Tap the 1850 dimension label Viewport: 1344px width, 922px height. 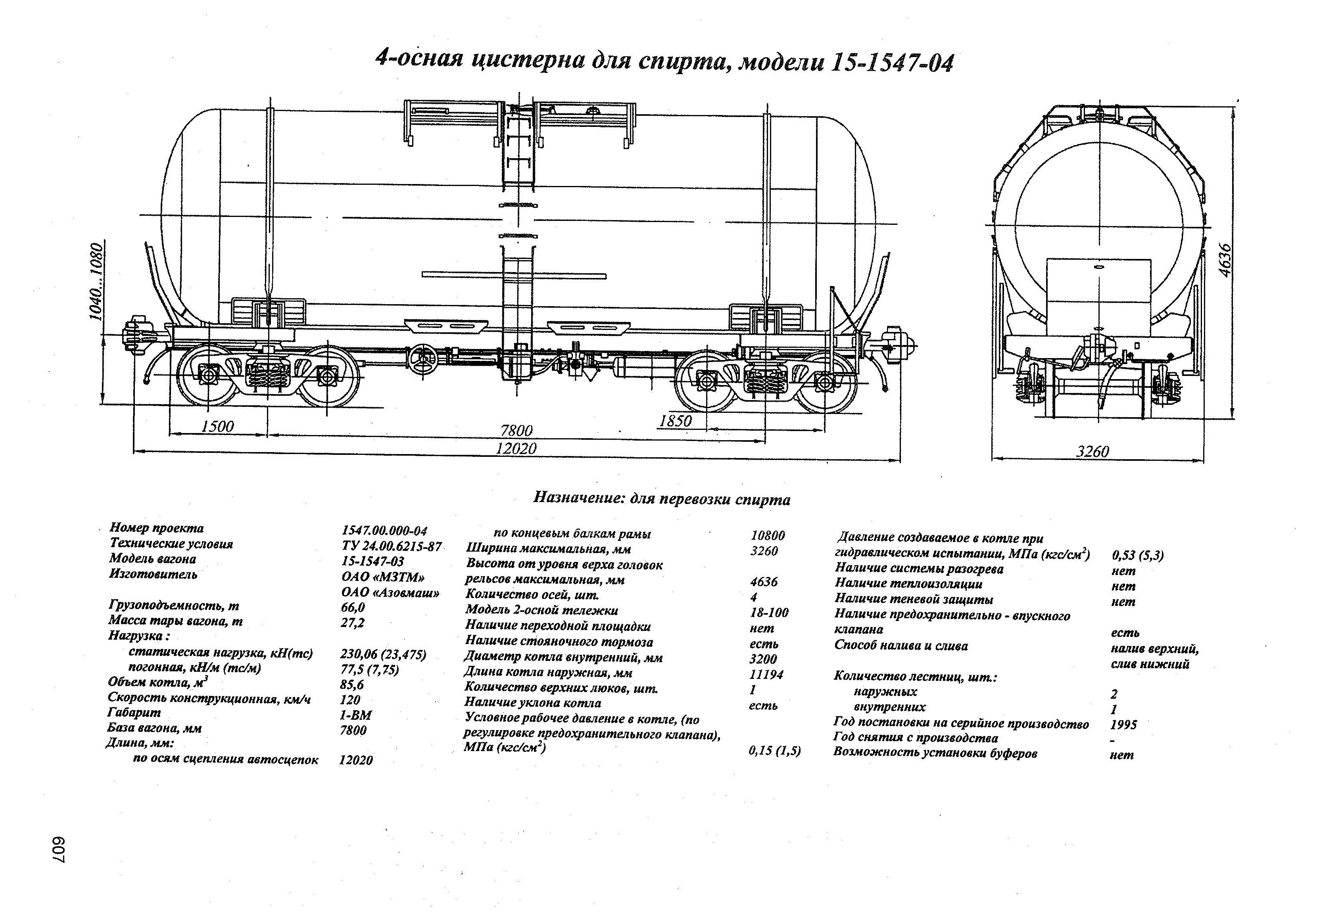coord(676,421)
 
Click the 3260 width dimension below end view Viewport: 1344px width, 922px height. coord(1092,451)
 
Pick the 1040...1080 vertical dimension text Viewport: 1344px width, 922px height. coord(96,282)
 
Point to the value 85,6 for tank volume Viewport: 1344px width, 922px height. coord(352,685)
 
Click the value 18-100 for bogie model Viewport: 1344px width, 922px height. coord(769,612)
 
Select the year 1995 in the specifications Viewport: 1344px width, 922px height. coord(1124,724)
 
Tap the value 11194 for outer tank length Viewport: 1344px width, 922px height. coord(766,675)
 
